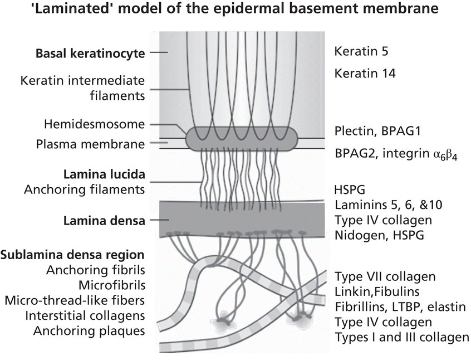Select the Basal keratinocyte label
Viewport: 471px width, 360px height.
[x=90, y=53]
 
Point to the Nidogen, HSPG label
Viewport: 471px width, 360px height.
[x=379, y=235]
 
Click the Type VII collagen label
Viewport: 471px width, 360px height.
[x=385, y=276]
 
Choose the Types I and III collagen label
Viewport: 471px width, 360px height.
[x=401, y=337]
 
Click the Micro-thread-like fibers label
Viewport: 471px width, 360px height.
[x=75, y=300]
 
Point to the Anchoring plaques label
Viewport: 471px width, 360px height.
[x=89, y=331]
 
